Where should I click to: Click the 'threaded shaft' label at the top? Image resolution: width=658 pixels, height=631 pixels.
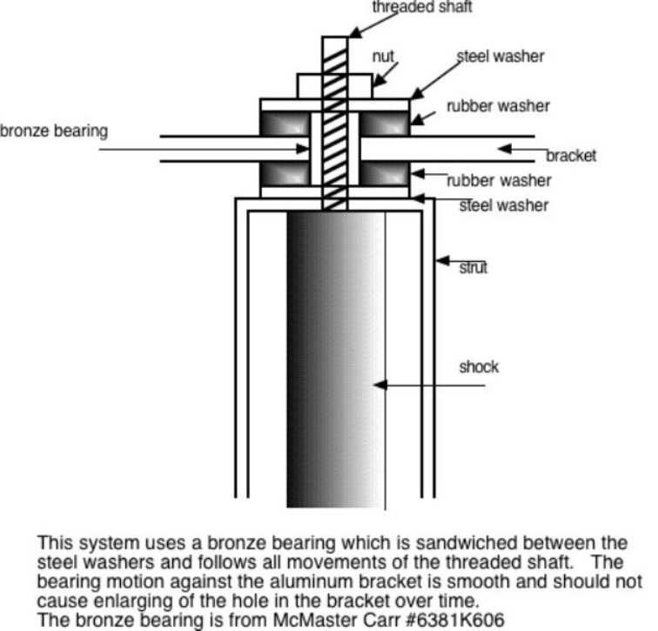coord(422,8)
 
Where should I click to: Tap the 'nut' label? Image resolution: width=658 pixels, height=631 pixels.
coord(384,56)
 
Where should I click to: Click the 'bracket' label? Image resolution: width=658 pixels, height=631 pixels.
coord(571,156)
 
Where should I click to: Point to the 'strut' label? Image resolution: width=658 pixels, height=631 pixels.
coord(473,267)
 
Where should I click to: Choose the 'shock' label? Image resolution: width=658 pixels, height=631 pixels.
coord(479,366)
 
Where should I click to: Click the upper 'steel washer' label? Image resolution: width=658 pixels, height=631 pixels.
coord(501,57)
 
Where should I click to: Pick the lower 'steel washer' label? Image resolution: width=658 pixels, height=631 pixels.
coord(504,205)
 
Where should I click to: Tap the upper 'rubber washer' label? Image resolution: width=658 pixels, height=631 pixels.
coord(498,106)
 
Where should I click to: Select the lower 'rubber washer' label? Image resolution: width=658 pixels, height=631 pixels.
coord(499,181)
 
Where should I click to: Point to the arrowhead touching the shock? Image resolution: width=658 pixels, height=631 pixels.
coord(379,385)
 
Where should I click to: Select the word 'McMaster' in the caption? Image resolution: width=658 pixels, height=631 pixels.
coord(271,619)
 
